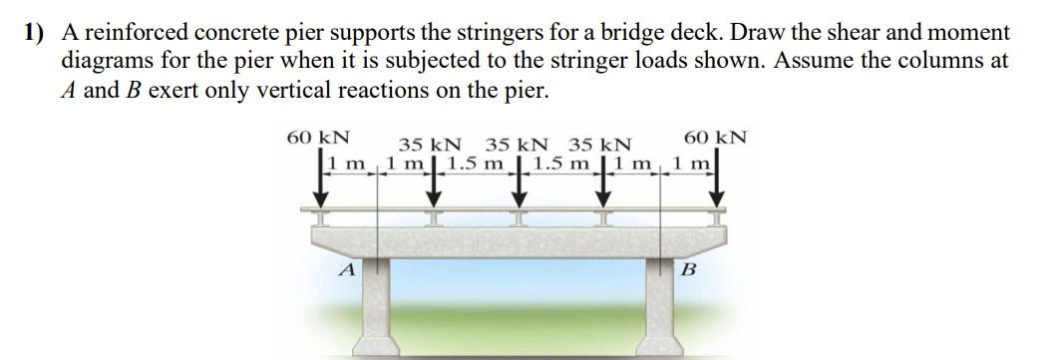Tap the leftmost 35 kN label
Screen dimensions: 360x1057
[x=430, y=145]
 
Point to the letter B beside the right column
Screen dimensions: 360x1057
[x=688, y=269]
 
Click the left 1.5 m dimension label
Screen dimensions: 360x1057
[x=478, y=164]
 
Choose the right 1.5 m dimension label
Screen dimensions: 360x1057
[x=562, y=164]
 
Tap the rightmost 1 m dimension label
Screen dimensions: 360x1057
[x=689, y=164]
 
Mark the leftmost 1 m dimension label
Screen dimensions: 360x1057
[x=345, y=164]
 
